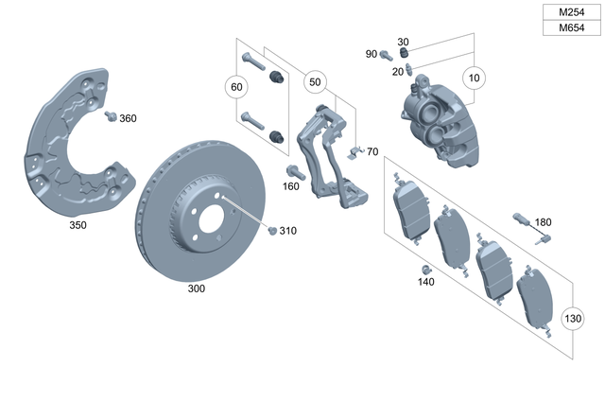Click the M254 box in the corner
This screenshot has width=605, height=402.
pyautogui.click(x=571, y=13)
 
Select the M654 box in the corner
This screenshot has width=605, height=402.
pyautogui.click(x=571, y=28)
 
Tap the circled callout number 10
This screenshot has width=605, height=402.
pyautogui.click(x=474, y=77)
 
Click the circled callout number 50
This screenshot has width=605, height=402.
pyautogui.click(x=315, y=83)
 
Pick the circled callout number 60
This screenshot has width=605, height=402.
pyautogui.click(x=236, y=87)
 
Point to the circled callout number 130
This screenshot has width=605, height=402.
pyautogui.click(x=573, y=318)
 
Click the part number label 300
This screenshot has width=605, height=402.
pyautogui.click(x=196, y=288)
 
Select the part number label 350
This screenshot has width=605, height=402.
pyautogui.click(x=78, y=226)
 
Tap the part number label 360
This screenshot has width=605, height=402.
pyautogui.click(x=128, y=118)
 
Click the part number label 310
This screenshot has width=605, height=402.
pyautogui.click(x=287, y=231)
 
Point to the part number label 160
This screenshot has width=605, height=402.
pyautogui.click(x=291, y=186)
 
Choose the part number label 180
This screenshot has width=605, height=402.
pyautogui.click(x=543, y=222)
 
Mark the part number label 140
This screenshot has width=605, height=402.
pyautogui.click(x=426, y=282)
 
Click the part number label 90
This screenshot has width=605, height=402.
pyautogui.click(x=372, y=54)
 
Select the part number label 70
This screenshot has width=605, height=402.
pyautogui.click(x=372, y=151)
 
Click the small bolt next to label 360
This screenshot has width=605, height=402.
pyautogui.click(x=110, y=116)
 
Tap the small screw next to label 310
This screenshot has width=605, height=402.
pyautogui.click(x=272, y=230)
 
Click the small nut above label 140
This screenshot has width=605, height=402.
pyautogui.click(x=425, y=269)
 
